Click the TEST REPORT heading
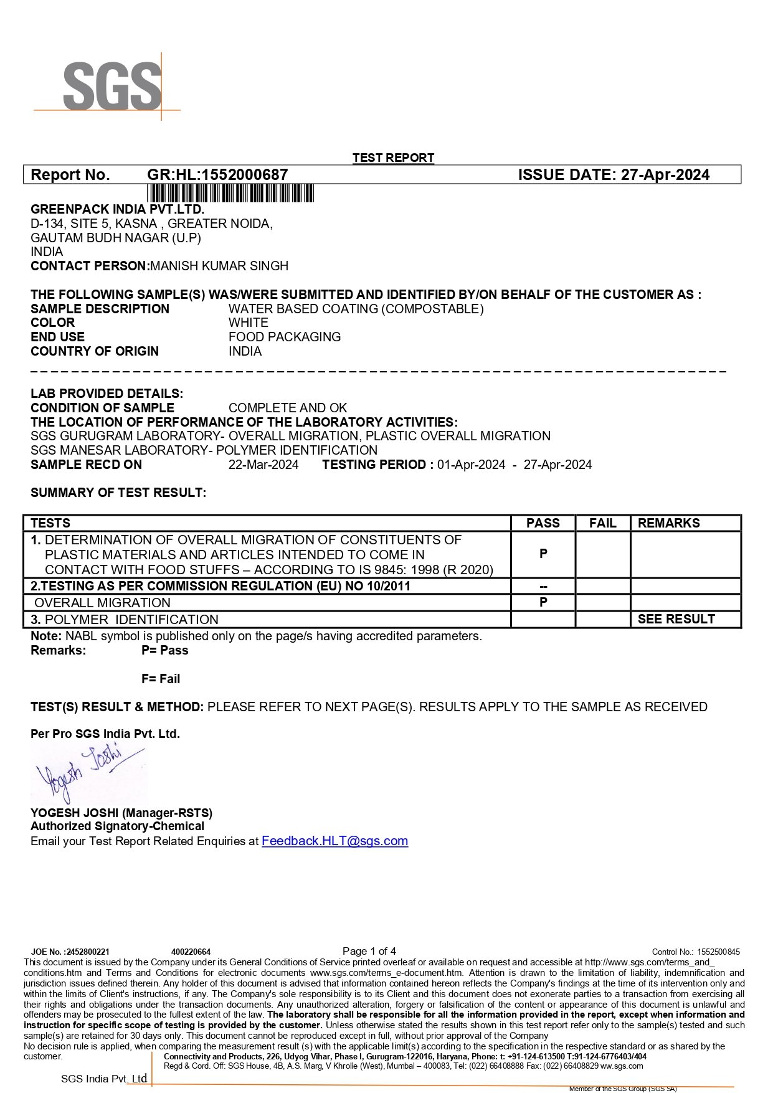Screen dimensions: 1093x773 coord(393,158)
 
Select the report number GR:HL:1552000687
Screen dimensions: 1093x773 coord(217,175)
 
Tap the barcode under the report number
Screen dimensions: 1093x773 coord(230,193)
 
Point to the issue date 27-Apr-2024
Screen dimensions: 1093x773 coord(665,175)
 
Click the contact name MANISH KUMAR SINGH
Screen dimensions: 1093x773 coord(219,266)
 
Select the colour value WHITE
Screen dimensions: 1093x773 coord(249,323)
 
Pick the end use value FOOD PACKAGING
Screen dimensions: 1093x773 coord(285,337)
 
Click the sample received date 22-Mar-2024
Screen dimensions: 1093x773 coord(263,465)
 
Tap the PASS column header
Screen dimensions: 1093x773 coord(543,523)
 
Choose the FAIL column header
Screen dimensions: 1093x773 coord(602,523)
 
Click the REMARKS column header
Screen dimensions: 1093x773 coord(668,523)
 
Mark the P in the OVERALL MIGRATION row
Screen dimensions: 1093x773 coord(543,602)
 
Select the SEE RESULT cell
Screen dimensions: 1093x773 coord(676,619)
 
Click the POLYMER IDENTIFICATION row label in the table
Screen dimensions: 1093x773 coord(131,620)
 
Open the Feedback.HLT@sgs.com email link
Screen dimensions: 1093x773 coord(334,841)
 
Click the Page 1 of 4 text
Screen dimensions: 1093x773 coord(369,951)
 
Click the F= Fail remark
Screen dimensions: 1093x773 coord(161,679)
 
